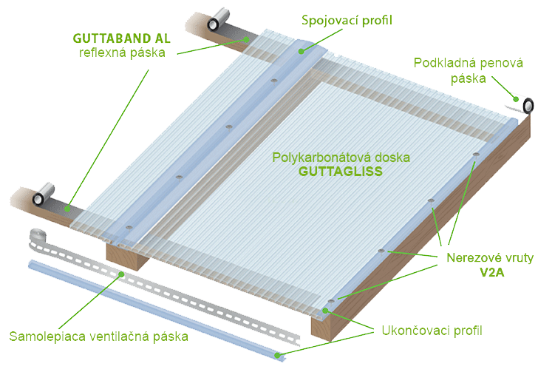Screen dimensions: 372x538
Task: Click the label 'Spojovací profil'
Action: (x=347, y=20)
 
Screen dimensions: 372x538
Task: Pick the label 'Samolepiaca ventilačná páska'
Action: (x=98, y=337)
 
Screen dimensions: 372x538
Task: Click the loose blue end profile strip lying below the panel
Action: (x=148, y=306)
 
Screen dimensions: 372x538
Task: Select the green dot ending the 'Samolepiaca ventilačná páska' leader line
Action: (x=123, y=274)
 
